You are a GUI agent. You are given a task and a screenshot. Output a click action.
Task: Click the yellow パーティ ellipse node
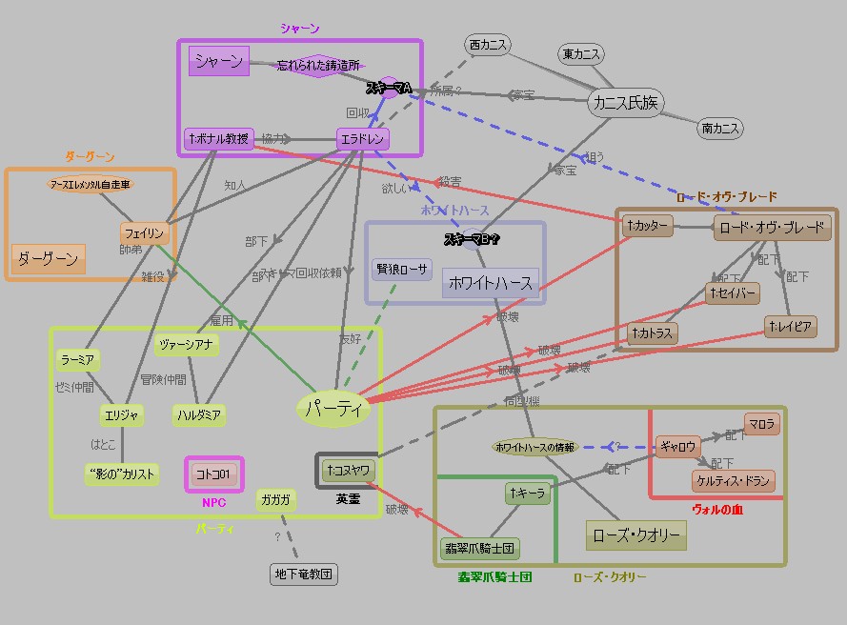[x=333, y=409]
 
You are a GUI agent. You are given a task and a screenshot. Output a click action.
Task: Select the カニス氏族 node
[x=625, y=103]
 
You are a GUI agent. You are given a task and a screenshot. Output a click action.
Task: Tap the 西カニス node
[x=488, y=45]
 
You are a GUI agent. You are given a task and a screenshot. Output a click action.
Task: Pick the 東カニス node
[x=581, y=54]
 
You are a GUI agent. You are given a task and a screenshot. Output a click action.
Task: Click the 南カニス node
[x=720, y=128]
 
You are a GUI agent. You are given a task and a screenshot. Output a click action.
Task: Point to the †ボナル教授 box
[x=219, y=139]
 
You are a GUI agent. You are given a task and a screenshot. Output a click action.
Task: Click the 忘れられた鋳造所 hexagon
[x=319, y=66]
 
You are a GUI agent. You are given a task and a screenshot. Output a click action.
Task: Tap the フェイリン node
[x=144, y=233]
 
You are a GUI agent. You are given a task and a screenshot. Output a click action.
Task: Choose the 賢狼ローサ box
[x=402, y=269]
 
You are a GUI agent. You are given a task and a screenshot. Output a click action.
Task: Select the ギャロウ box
[x=678, y=446]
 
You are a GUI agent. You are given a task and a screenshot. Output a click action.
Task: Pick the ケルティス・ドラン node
[x=733, y=480]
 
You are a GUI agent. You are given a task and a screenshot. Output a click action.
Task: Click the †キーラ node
[x=528, y=493]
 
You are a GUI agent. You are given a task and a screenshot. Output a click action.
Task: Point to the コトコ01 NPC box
[x=213, y=474]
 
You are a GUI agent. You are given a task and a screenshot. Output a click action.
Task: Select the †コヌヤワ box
[x=347, y=470]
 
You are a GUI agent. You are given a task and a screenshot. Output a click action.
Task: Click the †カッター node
[x=648, y=226]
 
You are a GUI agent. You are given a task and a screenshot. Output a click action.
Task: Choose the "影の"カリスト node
[x=121, y=474]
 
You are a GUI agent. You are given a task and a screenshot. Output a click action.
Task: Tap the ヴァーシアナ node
[x=187, y=344]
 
